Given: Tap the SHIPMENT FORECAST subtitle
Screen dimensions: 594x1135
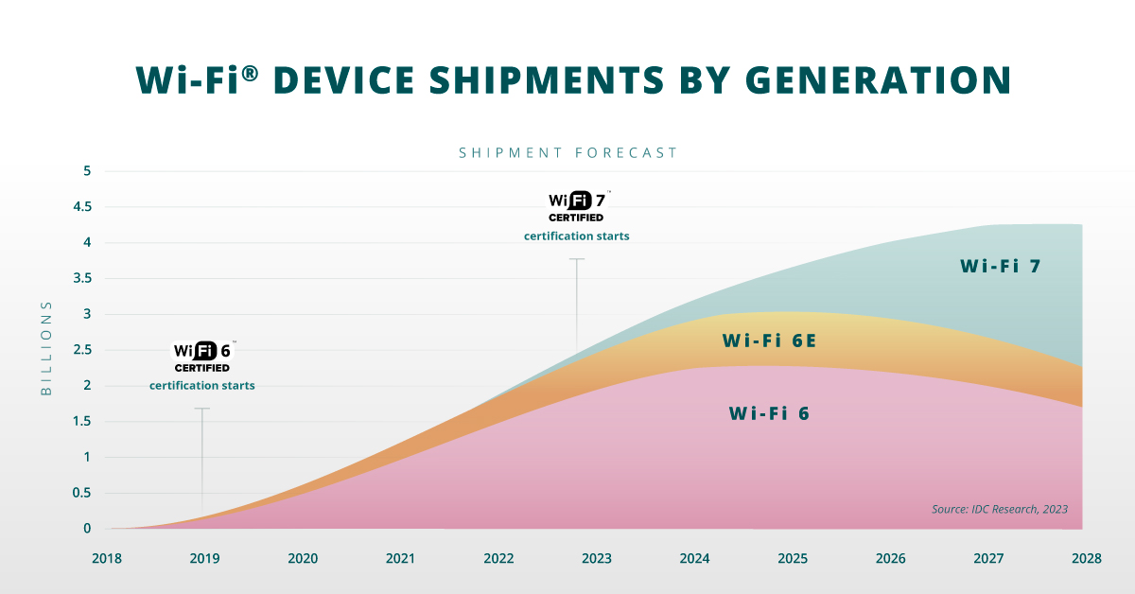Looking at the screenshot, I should pyautogui.click(x=567, y=152).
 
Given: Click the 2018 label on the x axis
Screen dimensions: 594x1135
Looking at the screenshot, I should pyautogui.click(x=106, y=559).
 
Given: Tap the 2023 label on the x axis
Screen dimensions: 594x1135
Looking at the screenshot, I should pyautogui.click(x=597, y=559).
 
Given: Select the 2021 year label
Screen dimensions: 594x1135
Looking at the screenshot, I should pyautogui.click(x=400, y=559).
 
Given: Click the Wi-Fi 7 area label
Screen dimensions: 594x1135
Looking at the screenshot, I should pyautogui.click(x=1001, y=267).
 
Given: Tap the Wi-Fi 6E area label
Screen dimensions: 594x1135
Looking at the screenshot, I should pyautogui.click(x=769, y=341).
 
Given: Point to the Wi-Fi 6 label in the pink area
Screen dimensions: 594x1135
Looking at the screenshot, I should pyautogui.click(x=769, y=413).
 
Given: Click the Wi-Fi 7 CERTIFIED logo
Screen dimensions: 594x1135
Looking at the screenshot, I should pyautogui.click(x=577, y=206).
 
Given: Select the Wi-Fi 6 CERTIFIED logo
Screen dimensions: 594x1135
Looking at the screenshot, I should pyautogui.click(x=202, y=356).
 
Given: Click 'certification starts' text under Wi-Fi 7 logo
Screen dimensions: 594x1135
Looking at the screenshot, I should pyautogui.click(x=577, y=236).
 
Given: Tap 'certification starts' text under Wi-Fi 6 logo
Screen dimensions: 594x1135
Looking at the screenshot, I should pyautogui.click(x=202, y=385).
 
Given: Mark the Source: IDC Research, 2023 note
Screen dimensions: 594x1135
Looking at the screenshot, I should pyautogui.click(x=999, y=509).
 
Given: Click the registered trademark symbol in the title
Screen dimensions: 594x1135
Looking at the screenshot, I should pyautogui.click(x=249, y=70).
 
